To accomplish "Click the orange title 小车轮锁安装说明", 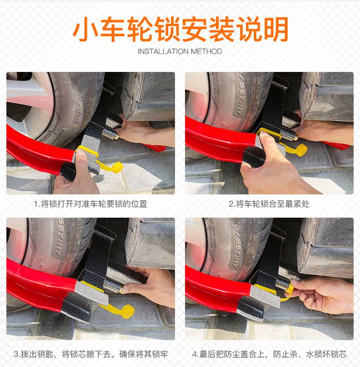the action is click(x=180, y=29).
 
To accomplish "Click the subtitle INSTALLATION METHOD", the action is click(x=180, y=51).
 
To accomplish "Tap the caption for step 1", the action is click(x=90, y=204).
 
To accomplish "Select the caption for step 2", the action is click(x=269, y=204).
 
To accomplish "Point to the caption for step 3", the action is click(x=91, y=354).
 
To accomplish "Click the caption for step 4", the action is click(x=269, y=354).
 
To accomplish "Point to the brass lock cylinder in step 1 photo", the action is click(x=110, y=134).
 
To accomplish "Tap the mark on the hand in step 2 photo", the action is click(x=266, y=173).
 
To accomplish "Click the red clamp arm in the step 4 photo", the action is click(x=218, y=290).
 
